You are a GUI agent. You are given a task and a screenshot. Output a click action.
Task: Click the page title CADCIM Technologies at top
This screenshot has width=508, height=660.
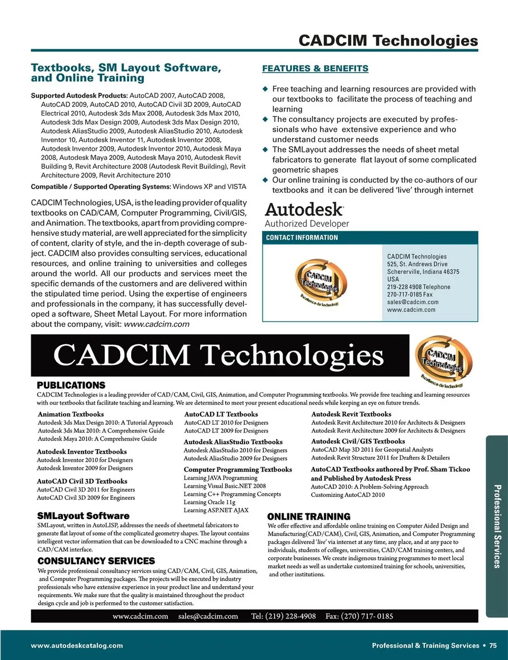point(388,40)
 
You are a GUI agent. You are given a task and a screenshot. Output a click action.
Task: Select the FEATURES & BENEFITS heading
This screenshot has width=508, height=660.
point(315,68)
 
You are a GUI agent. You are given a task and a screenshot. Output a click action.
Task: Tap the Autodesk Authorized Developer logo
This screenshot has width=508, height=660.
point(307,215)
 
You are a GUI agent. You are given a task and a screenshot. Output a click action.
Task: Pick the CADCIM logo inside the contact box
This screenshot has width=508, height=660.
point(321,283)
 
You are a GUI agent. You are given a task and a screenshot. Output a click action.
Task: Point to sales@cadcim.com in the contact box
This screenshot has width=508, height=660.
point(413,302)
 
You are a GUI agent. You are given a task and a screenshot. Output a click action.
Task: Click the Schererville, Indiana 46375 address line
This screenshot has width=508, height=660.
point(423,272)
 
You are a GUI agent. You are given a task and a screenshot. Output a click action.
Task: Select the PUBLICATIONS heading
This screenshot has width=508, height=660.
point(71,385)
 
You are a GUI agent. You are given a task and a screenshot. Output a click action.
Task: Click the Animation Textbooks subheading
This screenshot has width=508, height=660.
point(71,414)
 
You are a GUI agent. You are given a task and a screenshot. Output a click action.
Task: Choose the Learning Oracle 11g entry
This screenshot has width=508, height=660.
point(209,502)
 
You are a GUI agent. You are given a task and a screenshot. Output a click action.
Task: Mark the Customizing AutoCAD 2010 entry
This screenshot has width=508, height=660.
point(348,495)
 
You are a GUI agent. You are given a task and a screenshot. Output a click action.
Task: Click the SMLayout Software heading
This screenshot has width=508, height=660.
point(83,515)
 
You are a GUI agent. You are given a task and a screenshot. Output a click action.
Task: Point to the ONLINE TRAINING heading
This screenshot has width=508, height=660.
point(309,516)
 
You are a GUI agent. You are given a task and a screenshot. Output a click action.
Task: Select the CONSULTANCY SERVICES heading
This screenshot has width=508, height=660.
point(96,561)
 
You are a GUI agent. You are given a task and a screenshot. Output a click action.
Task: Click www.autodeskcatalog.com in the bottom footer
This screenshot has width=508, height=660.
point(77,645)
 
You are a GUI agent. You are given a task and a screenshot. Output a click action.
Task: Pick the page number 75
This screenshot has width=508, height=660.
point(493,645)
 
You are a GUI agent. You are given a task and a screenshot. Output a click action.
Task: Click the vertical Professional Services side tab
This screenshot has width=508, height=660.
point(497,526)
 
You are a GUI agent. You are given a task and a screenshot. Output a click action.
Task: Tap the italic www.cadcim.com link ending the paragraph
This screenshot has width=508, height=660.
point(157,324)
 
